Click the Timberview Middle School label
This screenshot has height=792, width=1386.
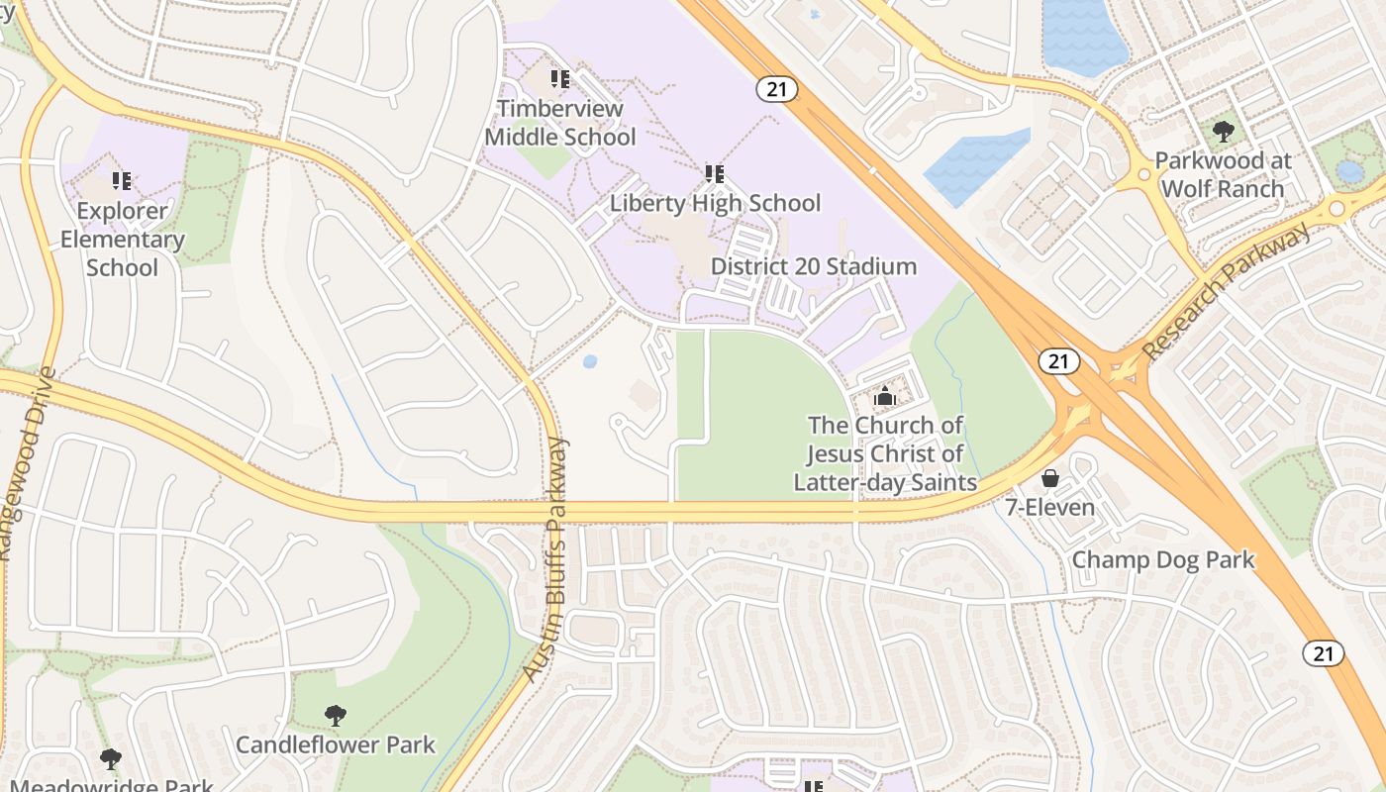(559, 123)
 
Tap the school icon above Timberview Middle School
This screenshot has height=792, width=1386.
(560, 78)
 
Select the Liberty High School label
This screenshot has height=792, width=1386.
(715, 203)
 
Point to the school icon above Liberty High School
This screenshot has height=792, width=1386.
(715, 174)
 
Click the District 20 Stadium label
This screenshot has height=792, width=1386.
(813, 266)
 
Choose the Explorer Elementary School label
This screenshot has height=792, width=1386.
(123, 239)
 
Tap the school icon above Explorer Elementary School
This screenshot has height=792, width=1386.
(122, 181)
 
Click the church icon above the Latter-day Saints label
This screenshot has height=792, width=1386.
(884, 397)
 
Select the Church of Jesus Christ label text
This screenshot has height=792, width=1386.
(885, 453)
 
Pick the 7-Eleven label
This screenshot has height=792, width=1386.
(1049, 508)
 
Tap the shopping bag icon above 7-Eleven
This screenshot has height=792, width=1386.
(1049, 479)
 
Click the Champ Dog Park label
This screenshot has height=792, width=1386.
(1163, 559)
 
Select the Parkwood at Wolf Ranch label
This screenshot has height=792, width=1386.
(1223, 174)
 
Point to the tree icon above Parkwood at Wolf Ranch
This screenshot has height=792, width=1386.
(1224, 131)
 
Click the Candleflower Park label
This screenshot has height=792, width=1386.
(335, 743)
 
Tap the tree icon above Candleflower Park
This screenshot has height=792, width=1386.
(336, 715)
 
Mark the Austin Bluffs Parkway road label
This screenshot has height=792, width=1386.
(545, 559)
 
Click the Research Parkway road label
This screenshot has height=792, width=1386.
(1225, 293)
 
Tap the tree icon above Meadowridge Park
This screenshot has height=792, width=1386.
(111, 759)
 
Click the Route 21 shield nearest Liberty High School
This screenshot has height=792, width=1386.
(777, 89)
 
